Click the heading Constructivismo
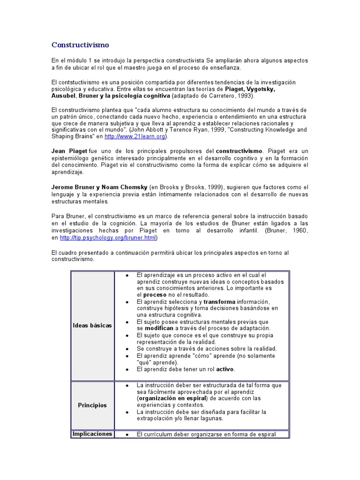point(80,45)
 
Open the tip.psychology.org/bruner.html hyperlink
point(107,238)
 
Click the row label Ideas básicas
point(92,325)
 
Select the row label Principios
point(92,405)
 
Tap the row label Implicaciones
point(92,434)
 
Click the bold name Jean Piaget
point(68,151)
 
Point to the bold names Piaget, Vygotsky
point(250,89)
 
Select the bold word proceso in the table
point(155,295)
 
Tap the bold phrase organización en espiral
point(174,398)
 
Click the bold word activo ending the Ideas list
point(225,369)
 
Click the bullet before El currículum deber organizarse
point(127,435)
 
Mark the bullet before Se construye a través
point(127,349)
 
